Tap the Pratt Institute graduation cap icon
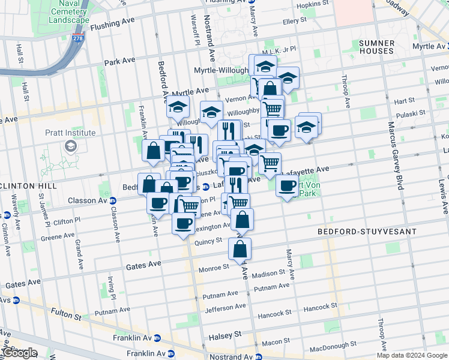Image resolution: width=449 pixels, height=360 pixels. (71, 146)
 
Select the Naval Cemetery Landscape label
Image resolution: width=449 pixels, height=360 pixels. (65, 11)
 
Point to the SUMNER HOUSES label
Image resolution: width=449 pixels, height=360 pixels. (376, 47)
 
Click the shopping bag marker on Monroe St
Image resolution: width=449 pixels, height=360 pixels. (240, 250)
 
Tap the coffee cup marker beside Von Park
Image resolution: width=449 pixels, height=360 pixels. (288, 185)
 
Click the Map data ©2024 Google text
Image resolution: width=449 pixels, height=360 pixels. (411, 355)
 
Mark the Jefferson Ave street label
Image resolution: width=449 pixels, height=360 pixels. (225, 309)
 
